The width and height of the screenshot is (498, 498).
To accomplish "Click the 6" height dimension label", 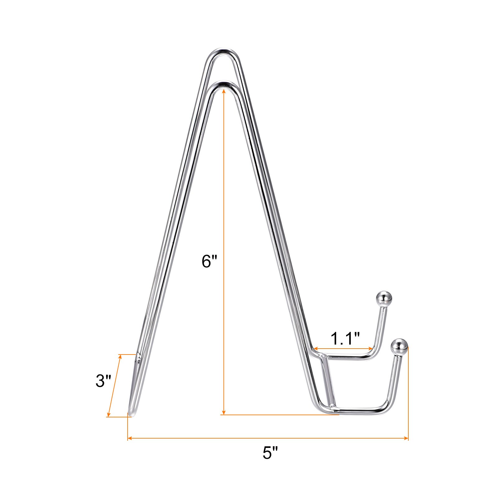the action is [x=209, y=261].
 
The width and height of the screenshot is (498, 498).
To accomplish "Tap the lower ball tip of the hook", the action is [x=399, y=346].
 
